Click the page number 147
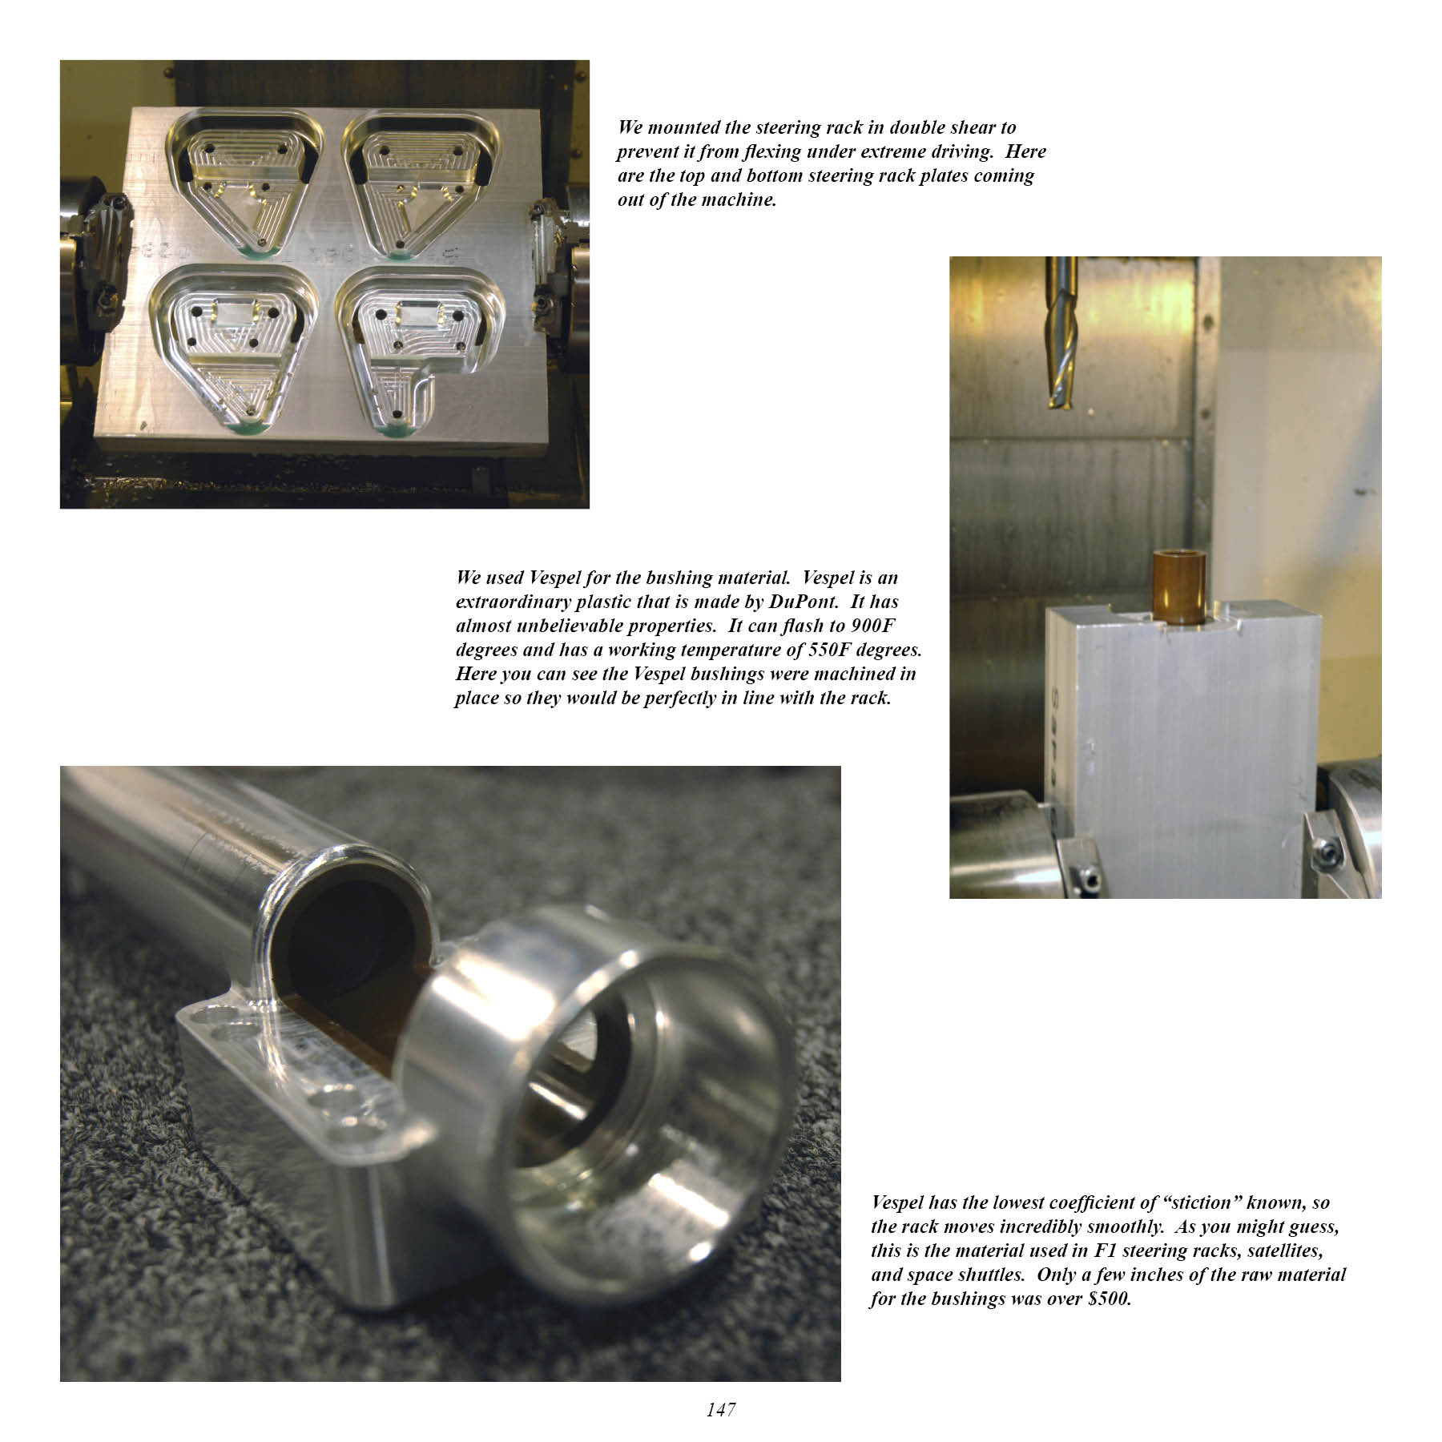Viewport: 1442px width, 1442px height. click(x=721, y=1409)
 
